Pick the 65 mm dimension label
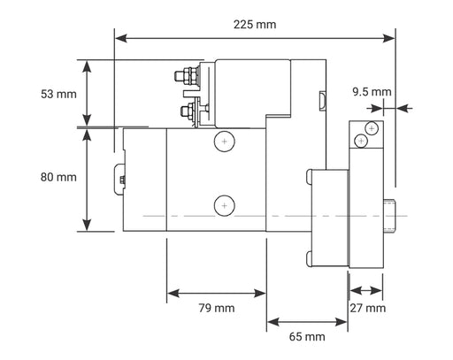[306, 336]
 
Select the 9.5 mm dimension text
[371, 91]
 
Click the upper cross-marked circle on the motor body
[225, 142]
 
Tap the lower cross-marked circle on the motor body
[225, 205]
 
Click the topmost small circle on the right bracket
[370, 128]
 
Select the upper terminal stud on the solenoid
[189, 77]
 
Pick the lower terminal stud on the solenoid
[188, 111]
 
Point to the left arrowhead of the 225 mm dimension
[119, 38]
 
